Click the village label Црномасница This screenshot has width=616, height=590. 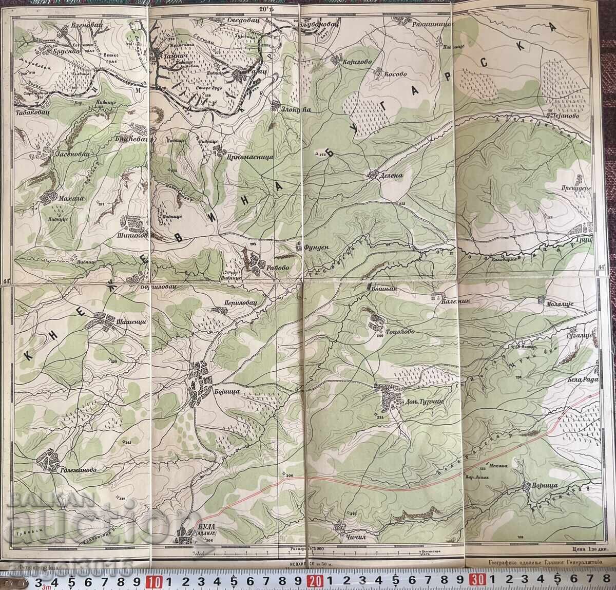[248, 158]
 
